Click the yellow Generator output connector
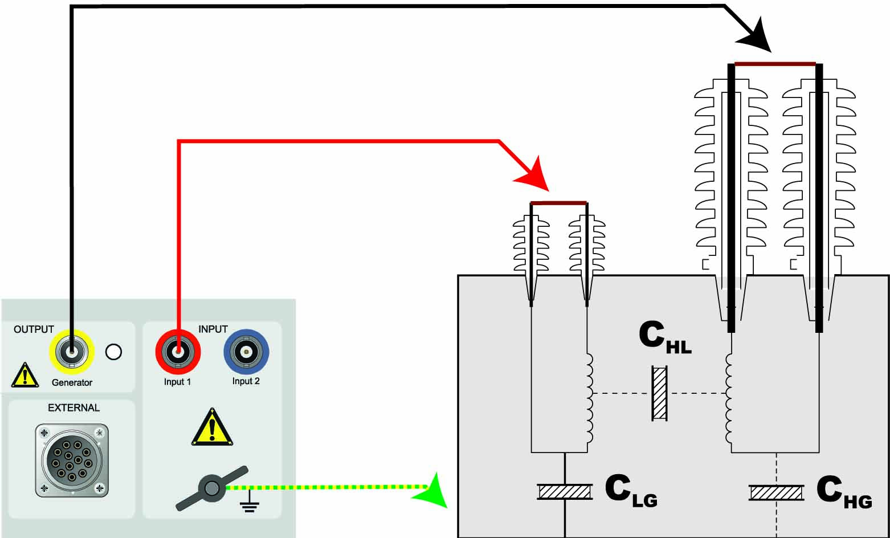(x=72, y=352)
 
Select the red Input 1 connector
(x=178, y=352)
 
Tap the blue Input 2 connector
(x=246, y=352)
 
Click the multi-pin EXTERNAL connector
(x=72, y=460)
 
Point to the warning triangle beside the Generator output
(x=25, y=376)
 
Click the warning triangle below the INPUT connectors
(x=212, y=428)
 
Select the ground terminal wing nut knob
(x=212, y=488)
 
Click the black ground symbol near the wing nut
(x=249, y=505)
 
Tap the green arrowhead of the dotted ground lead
(x=431, y=489)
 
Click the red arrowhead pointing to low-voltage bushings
(x=534, y=177)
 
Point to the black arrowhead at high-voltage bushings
(x=756, y=36)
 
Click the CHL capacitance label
(x=664, y=337)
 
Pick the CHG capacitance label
(x=844, y=492)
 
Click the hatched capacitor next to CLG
(x=565, y=491)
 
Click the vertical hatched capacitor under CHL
(x=659, y=394)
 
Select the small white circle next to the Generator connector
(x=114, y=352)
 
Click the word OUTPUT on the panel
(x=34, y=329)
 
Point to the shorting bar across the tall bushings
(x=775, y=63)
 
